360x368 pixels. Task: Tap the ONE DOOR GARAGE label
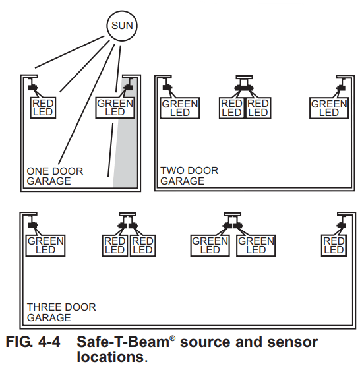tap(55, 176)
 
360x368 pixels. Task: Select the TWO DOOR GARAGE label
tap(189, 175)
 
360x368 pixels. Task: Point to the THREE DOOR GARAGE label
tap(61, 312)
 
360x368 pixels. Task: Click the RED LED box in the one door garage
tap(44, 107)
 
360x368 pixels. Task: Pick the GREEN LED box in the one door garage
tap(115, 107)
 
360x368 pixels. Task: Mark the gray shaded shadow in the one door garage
tap(125, 152)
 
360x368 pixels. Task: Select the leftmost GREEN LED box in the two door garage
tap(179, 108)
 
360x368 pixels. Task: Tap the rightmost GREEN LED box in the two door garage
tap(329, 108)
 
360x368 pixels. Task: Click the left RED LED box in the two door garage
tap(231, 108)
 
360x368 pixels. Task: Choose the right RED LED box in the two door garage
tap(257, 108)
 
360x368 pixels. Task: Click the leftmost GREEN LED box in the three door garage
tap(45, 245)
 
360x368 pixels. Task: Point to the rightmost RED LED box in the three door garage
tap(334, 245)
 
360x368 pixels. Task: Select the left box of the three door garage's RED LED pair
tap(115, 245)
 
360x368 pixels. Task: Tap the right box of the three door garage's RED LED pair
tap(142, 245)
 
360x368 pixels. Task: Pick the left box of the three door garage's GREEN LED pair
tap(210, 245)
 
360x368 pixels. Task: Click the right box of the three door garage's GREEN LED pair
tap(256, 245)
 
